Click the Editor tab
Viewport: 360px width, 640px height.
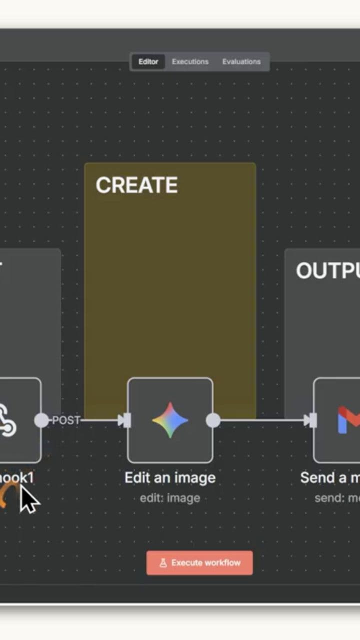pyautogui.click(x=148, y=61)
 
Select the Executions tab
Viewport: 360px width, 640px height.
pyautogui.click(x=190, y=61)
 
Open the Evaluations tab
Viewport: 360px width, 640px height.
pyautogui.click(x=241, y=61)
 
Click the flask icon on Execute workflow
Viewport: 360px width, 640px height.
pyautogui.click(x=163, y=563)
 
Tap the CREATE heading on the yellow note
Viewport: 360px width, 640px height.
pyautogui.click(x=136, y=185)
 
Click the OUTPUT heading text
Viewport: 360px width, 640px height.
pyautogui.click(x=327, y=271)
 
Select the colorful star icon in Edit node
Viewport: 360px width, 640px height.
pyautogui.click(x=170, y=420)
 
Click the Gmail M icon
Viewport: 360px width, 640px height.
pyautogui.click(x=349, y=420)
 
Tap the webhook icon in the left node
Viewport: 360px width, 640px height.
pyautogui.click(x=7, y=420)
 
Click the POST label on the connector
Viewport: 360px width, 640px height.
pyautogui.click(x=66, y=420)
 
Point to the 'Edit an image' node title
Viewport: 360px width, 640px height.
pyautogui.click(x=170, y=477)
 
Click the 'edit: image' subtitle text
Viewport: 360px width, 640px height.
pyautogui.click(x=170, y=498)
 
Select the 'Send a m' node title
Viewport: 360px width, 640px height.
pyautogui.click(x=330, y=477)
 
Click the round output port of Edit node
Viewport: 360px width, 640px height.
pyautogui.click(x=213, y=420)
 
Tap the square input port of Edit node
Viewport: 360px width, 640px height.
pyautogui.click(x=127, y=420)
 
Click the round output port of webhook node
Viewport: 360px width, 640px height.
pyautogui.click(x=41, y=420)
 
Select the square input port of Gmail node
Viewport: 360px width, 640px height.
pyautogui.click(x=313, y=420)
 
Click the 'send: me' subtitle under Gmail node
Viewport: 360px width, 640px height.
pyautogui.click(x=336, y=498)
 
